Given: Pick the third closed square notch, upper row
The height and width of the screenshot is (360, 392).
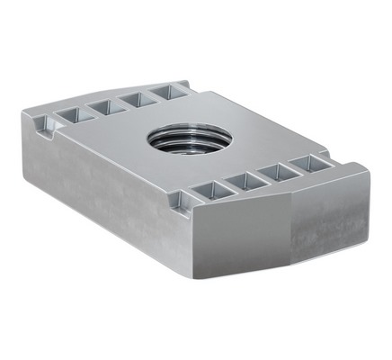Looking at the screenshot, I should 133,98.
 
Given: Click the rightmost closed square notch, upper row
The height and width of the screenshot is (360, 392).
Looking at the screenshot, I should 165,91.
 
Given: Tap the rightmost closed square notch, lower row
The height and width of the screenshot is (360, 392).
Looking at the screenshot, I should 305,164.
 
